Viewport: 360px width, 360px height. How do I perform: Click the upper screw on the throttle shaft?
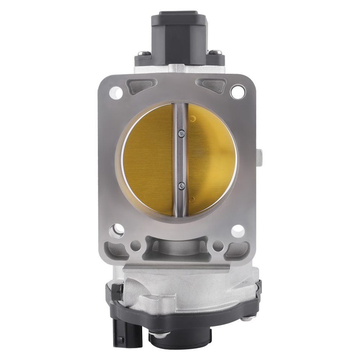182,134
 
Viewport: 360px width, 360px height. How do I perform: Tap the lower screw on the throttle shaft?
182,186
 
